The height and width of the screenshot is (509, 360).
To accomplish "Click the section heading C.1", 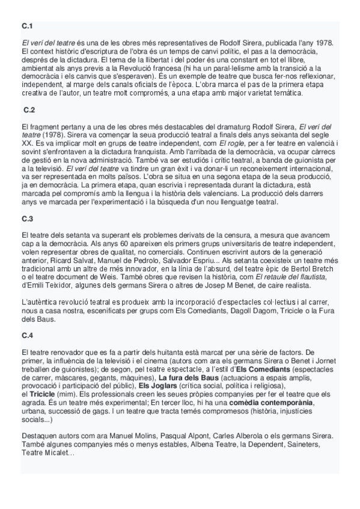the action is [27, 26].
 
